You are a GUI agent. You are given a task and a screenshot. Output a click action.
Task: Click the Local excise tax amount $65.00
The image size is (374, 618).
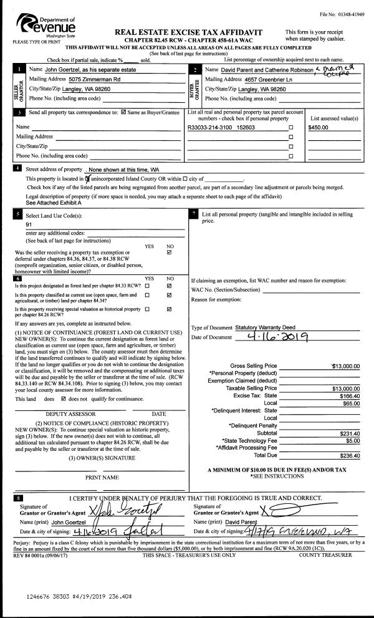point(350,403)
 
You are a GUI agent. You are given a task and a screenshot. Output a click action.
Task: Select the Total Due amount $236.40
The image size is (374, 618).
point(348,456)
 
